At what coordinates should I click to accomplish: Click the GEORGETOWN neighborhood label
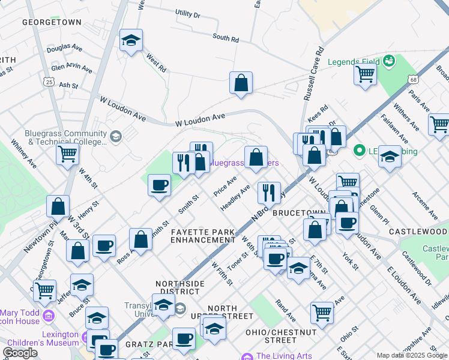pos(52,22)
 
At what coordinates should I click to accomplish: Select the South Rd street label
pos(226,38)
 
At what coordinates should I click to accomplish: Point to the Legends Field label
pos(354,61)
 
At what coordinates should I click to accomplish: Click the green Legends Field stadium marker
pos(388,61)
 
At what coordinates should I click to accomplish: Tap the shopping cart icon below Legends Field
pos(364,76)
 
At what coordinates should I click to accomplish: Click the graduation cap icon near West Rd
pos(131,41)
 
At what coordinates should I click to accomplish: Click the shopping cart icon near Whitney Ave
pos(68,153)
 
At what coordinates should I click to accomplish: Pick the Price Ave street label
pos(226,187)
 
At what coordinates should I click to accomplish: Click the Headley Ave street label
pos(235,197)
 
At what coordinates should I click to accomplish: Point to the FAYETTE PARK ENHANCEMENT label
pos(202,235)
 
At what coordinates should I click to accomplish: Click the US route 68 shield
pos(412,79)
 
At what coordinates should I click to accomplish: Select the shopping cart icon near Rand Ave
pos(322,312)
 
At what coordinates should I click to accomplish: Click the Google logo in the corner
pos(20,352)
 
